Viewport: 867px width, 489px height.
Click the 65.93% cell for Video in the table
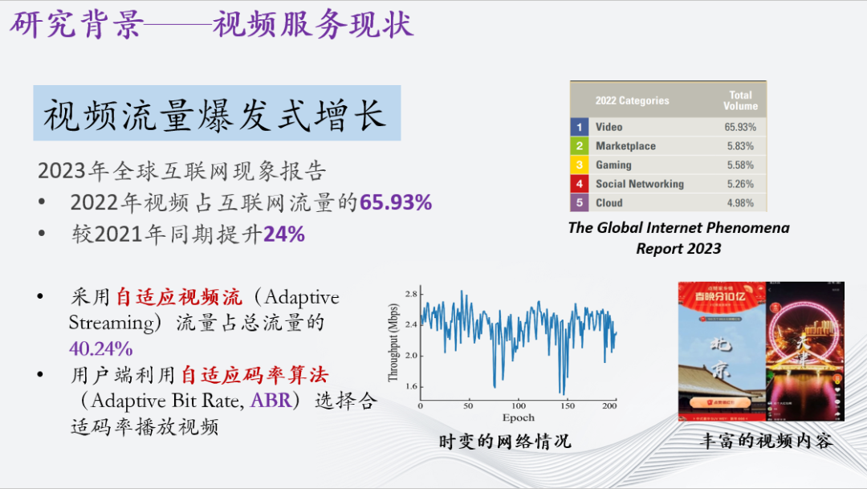tap(739, 127)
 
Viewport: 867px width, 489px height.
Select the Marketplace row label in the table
tap(625, 146)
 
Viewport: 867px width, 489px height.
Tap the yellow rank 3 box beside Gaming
tap(580, 165)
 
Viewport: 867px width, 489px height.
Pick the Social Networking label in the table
tap(639, 184)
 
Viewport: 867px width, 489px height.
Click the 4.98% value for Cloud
tap(739, 203)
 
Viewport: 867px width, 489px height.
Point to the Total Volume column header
tap(739, 100)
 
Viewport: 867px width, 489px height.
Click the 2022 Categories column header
tap(632, 101)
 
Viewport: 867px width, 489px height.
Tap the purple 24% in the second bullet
tap(284, 234)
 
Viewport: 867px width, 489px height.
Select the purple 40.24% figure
tap(101, 349)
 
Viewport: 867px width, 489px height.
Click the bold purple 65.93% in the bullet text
tap(395, 202)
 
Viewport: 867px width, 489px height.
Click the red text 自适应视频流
tap(178, 297)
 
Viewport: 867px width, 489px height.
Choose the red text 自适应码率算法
tap(254, 375)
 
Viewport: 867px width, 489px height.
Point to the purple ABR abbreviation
tap(267, 401)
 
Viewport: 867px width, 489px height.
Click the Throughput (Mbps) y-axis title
tap(393, 343)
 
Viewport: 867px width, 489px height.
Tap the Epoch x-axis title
tap(518, 418)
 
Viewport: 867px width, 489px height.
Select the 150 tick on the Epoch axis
tap(568, 406)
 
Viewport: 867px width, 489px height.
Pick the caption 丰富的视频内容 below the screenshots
tap(766, 441)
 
